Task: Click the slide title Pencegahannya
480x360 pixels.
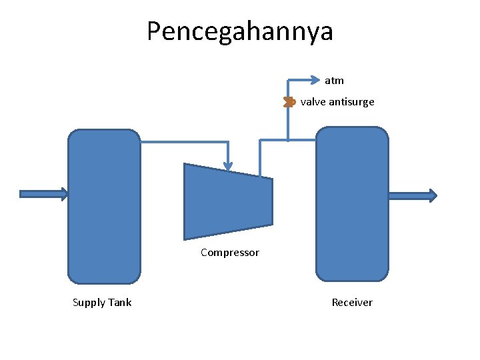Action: (x=239, y=31)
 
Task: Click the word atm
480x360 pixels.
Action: (x=334, y=81)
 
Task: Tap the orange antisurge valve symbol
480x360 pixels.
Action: (x=289, y=102)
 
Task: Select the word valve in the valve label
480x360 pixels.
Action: (x=312, y=102)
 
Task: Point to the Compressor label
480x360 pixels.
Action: (x=229, y=253)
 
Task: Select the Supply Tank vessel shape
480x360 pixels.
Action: (x=104, y=206)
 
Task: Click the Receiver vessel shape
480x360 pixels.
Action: (x=351, y=204)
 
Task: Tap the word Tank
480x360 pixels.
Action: (x=120, y=303)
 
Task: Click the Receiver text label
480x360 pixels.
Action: (x=352, y=303)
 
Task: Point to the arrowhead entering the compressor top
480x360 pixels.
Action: (x=228, y=165)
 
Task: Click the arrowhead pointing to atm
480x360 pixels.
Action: (x=316, y=80)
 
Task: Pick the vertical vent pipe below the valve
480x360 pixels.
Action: (x=288, y=124)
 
